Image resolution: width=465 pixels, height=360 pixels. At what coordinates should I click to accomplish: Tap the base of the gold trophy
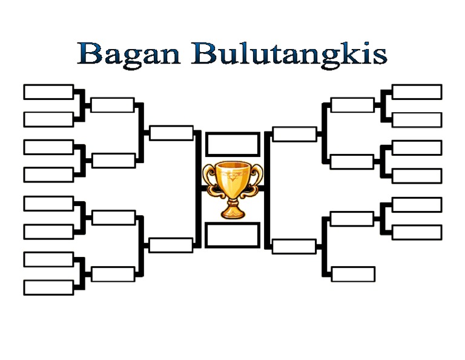[232, 213]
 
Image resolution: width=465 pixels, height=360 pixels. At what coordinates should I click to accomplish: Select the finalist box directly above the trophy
[232, 144]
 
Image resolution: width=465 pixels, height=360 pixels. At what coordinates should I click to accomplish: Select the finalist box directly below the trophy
[232, 235]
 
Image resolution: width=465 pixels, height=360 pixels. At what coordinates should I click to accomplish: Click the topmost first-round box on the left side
[48, 92]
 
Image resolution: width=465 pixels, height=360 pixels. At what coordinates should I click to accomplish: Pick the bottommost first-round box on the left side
[48, 287]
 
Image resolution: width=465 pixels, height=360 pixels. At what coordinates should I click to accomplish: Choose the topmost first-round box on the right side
[417, 92]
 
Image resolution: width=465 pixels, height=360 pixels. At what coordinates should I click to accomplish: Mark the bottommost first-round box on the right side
[417, 232]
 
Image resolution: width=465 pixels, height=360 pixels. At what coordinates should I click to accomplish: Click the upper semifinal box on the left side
[171, 133]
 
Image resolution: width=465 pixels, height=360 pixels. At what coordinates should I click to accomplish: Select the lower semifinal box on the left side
[171, 245]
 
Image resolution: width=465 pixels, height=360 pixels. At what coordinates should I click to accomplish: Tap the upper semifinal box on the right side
[295, 134]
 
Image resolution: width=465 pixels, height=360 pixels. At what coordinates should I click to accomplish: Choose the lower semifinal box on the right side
[294, 247]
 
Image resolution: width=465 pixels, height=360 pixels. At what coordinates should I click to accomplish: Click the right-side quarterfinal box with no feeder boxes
[353, 275]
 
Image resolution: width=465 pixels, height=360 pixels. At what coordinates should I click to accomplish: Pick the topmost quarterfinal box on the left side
[113, 105]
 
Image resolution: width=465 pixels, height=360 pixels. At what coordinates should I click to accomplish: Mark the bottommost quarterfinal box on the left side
[113, 274]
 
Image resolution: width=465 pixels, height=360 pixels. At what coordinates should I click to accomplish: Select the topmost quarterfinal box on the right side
[352, 105]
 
